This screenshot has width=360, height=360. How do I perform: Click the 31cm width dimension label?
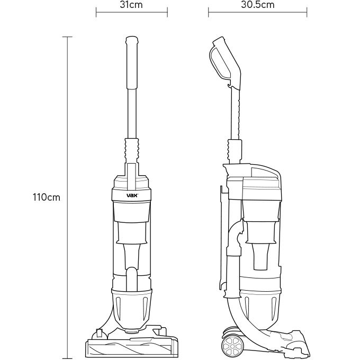[131, 5]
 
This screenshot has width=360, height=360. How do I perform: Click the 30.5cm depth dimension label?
[258, 5]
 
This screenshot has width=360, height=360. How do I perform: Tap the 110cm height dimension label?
[47, 197]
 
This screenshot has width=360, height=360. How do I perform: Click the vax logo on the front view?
[132, 195]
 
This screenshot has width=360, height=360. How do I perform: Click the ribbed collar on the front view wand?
[132, 150]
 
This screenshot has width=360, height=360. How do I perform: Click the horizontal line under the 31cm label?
[131, 12]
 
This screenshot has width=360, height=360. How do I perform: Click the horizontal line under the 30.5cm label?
[258, 12]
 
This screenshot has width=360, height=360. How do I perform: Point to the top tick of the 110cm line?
[67, 37]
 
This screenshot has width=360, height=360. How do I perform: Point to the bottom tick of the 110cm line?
[67, 358]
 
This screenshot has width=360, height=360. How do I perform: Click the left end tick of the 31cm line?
[96, 12]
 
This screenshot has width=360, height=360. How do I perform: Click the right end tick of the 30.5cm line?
[307, 12]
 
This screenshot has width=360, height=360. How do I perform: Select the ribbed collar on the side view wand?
[235, 150]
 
